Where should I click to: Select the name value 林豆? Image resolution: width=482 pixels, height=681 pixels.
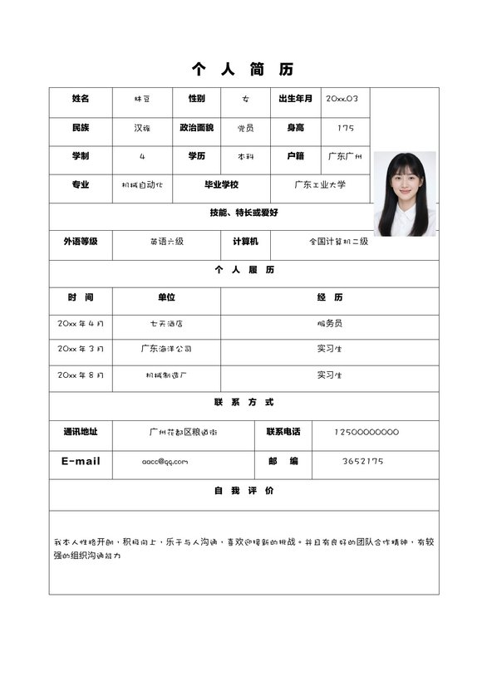pos(142,99)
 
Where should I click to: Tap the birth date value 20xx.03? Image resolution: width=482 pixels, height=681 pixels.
pos(342,99)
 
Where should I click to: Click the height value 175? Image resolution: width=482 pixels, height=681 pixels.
pos(346,128)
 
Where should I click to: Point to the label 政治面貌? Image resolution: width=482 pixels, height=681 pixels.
pos(196,128)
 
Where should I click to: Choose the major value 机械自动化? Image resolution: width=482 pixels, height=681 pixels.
pos(142,184)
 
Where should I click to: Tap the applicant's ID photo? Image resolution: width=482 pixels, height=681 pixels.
pos(405,194)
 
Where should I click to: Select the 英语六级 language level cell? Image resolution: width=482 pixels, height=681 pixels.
pos(166,241)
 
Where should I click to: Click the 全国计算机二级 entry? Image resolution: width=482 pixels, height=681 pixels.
pos(338,241)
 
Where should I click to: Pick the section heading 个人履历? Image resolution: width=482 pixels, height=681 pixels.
pos(244,269)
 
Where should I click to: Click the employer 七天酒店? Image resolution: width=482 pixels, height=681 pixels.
pos(166,323)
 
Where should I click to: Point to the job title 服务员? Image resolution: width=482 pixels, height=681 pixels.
pos(329,323)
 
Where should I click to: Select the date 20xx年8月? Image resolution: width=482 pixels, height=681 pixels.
pos(81,375)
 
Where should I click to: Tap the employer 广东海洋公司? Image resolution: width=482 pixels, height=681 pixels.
pos(166,349)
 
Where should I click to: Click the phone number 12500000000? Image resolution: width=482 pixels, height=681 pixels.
pos(366,432)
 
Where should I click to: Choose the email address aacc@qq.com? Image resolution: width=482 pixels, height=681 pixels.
pos(165,461)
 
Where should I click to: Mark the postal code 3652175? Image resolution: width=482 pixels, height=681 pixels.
pos(363,461)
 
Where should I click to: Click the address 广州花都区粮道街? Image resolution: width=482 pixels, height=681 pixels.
pos(183,432)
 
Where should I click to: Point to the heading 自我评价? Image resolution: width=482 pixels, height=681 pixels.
pos(244,491)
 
